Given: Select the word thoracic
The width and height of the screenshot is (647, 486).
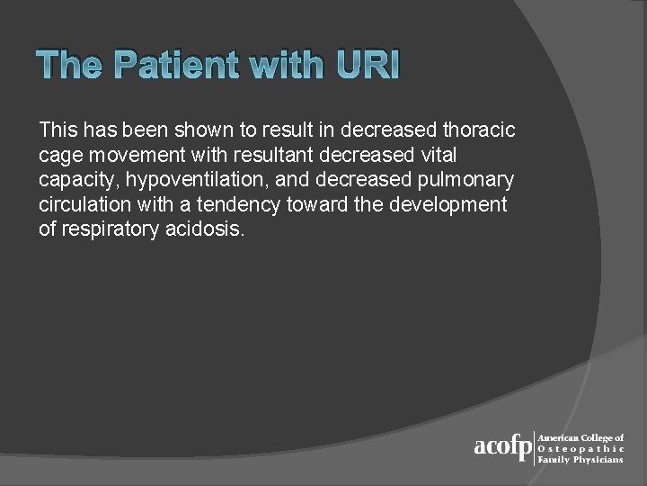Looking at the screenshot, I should click(x=480, y=130).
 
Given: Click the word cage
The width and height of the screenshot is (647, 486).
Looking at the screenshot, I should click(x=59, y=155).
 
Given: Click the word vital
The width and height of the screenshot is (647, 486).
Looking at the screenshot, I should click(x=437, y=155).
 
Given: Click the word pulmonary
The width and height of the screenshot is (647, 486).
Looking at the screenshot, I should click(x=465, y=180).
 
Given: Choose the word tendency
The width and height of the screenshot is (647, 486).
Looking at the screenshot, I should click(x=243, y=204).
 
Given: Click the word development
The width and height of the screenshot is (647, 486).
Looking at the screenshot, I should click(x=450, y=204).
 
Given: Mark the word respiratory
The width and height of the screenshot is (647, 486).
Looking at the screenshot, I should click(x=112, y=229).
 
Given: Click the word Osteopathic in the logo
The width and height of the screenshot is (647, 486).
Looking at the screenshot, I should click(x=581, y=448).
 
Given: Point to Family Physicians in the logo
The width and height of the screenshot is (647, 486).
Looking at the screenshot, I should click(x=581, y=459).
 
